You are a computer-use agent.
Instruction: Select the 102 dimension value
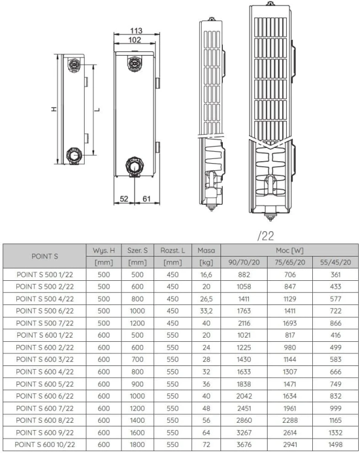pyautogui.click(x=135, y=40)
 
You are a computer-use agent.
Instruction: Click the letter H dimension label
pyautogui.click(x=54, y=109)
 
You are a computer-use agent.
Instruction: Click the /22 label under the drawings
pyautogui.click(x=265, y=236)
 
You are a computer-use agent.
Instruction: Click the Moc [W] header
pyautogui.click(x=289, y=250)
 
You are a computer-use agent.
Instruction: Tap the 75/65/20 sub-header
pyautogui.click(x=289, y=262)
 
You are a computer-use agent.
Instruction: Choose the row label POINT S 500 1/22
pyautogui.click(x=45, y=274)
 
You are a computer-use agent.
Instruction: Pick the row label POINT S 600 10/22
pyautogui.click(x=45, y=445)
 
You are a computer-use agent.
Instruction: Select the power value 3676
pyautogui.click(x=245, y=445)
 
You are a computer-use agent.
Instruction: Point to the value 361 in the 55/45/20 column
pyautogui.click(x=334, y=274)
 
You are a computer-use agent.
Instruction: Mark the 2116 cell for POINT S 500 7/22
pyautogui.click(x=245, y=323)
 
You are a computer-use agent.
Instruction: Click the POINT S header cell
pyautogui.click(x=45, y=256)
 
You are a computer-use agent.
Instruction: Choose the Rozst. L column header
pyautogui.click(x=172, y=250)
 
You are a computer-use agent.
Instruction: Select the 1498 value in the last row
pyautogui.click(x=334, y=445)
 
